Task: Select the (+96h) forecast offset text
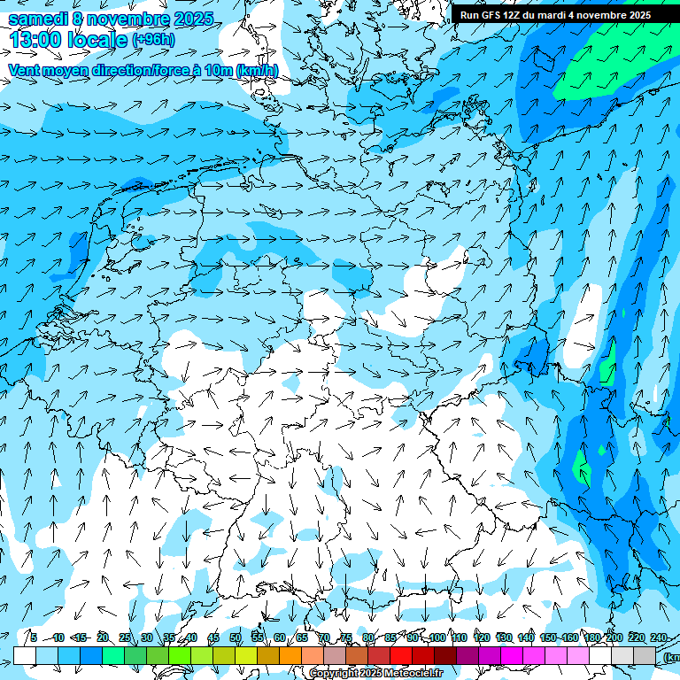153,40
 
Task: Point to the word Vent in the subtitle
25,70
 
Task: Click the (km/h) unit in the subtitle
257,70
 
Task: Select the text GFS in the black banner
492,15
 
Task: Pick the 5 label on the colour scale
34,637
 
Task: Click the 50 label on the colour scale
236,637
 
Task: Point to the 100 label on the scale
437,637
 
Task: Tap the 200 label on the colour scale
614,637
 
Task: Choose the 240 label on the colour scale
658,637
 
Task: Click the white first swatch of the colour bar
25,655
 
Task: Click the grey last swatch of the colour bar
645,655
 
